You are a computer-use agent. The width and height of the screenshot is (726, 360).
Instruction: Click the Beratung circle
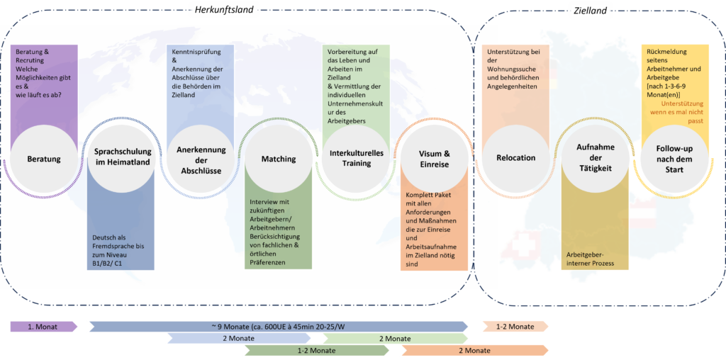[43, 158]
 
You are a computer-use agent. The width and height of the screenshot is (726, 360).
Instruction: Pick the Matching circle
[272, 158]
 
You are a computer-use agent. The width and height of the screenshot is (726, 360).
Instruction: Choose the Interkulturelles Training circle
[352, 158]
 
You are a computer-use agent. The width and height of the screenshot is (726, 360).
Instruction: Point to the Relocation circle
[517, 158]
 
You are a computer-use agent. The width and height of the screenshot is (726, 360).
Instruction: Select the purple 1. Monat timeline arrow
[43, 326]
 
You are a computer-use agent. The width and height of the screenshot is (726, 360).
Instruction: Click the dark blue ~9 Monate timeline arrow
[277, 326]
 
